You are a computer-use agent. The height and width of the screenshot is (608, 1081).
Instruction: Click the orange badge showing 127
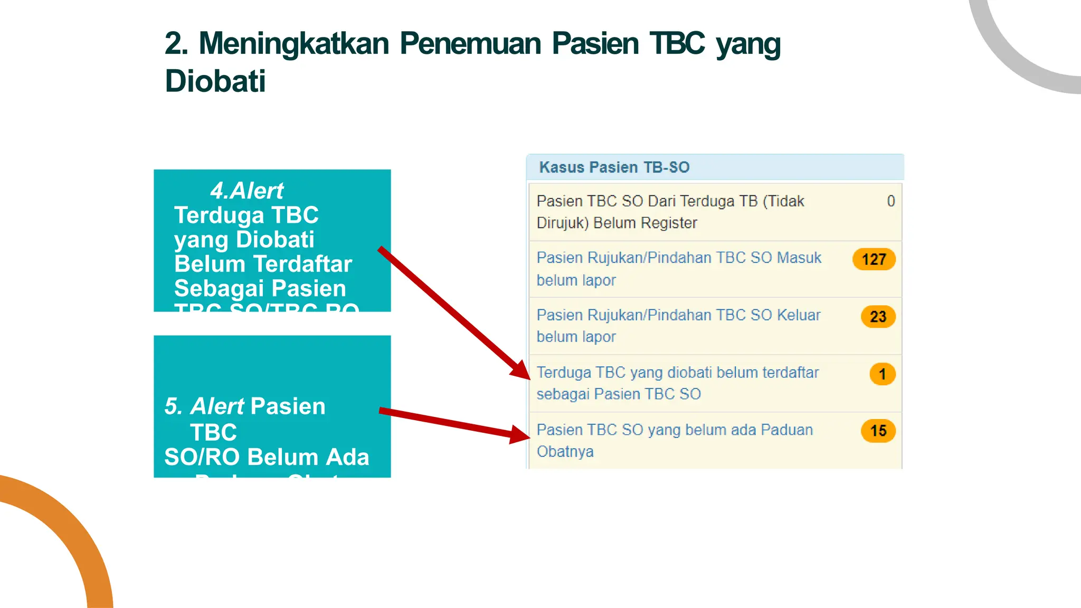coord(874,259)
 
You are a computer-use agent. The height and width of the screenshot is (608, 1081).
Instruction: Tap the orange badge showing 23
coord(878,317)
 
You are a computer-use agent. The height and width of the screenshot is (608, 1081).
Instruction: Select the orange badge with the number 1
coord(882,374)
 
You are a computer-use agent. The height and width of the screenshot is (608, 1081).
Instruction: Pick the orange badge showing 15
coord(878,431)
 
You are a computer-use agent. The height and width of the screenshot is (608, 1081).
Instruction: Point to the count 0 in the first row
coord(891,201)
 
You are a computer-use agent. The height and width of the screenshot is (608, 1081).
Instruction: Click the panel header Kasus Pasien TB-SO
coord(614,167)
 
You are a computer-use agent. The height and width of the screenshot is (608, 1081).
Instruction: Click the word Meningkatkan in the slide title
coord(293,43)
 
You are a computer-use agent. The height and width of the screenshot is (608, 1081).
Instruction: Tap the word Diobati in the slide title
coord(215,81)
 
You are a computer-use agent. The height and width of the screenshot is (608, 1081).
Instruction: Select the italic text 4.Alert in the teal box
coord(247,191)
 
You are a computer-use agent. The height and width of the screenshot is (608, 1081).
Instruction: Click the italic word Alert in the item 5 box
coord(217,406)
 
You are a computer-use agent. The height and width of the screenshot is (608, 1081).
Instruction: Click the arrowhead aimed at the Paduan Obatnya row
coord(520,434)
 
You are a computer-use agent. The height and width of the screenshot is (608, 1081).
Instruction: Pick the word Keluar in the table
coord(799,315)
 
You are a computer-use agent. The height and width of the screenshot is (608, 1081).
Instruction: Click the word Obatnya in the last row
coord(565,452)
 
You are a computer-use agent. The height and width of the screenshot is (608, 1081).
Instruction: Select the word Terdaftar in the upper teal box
coord(302,264)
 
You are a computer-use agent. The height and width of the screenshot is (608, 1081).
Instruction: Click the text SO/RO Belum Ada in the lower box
coord(267,457)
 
